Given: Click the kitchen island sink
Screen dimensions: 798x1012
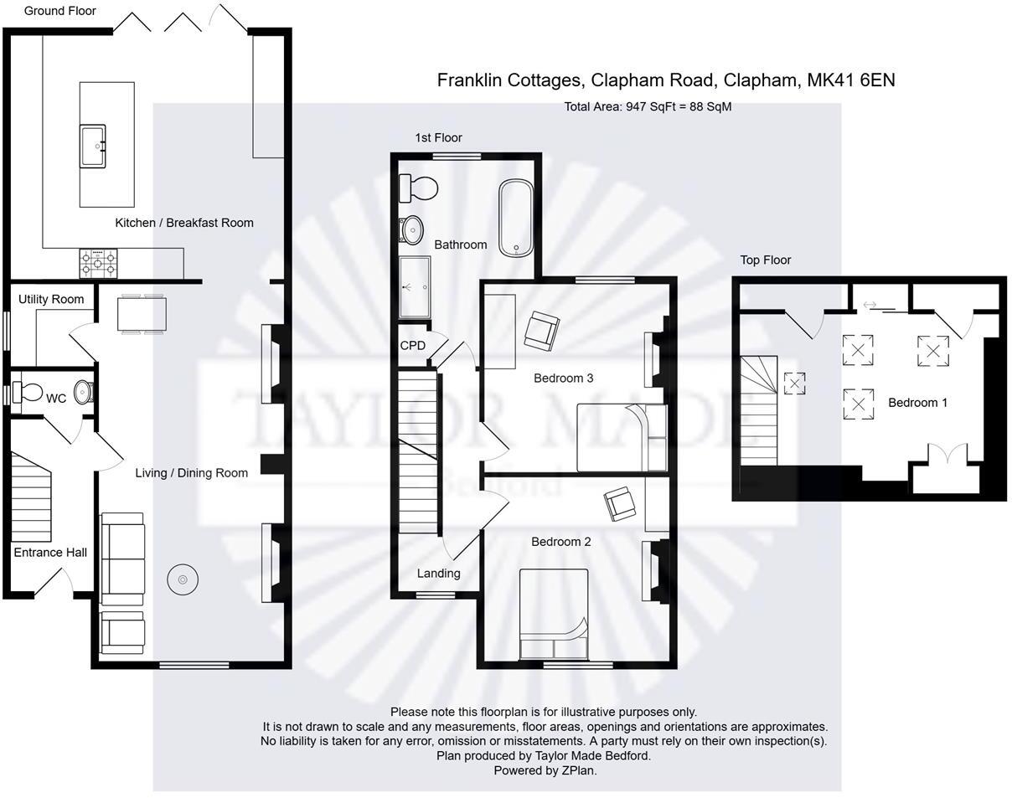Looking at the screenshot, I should pyautogui.click(x=93, y=147).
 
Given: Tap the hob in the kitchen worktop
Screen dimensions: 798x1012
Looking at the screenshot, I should pyautogui.click(x=98, y=264).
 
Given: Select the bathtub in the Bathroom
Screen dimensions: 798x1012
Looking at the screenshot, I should pyautogui.click(x=516, y=217).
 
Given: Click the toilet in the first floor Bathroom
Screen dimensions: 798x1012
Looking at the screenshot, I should pyautogui.click(x=418, y=188).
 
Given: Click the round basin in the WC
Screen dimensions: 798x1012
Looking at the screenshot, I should pyautogui.click(x=84, y=392).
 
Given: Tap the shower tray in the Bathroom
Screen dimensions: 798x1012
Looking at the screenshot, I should pyautogui.click(x=415, y=287).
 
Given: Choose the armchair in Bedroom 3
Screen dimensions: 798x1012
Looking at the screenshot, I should pyautogui.click(x=541, y=330).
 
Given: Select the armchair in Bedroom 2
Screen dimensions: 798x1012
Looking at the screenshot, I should pyautogui.click(x=620, y=503).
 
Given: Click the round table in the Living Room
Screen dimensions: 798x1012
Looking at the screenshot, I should pyautogui.click(x=183, y=579).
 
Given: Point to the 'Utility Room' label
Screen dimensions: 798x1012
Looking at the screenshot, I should pyautogui.click(x=51, y=299).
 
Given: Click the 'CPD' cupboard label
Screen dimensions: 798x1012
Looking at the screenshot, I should pyautogui.click(x=412, y=345).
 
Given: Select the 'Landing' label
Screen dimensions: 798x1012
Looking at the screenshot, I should pyautogui.click(x=438, y=574).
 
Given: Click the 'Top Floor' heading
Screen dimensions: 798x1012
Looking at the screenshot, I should pyautogui.click(x=765, y=260).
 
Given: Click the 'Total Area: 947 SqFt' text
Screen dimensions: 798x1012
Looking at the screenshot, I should pyautogui.click(x=648, y=106).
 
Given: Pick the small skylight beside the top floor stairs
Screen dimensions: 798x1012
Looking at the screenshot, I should pyautogui.click(x=794, y=384).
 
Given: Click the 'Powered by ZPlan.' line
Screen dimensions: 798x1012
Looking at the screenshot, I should pyautogui.click(x=545, y=770).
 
